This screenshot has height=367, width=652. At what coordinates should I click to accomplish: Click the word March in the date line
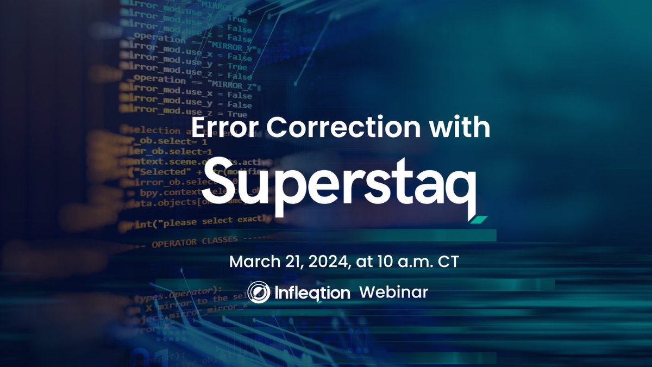(250, 261)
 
